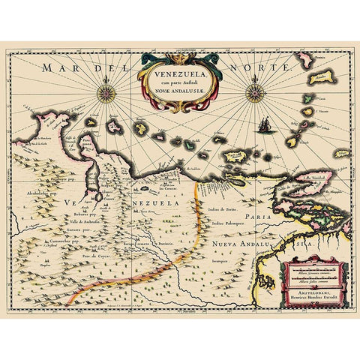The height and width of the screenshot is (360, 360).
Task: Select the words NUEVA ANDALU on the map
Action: click(240, 245)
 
